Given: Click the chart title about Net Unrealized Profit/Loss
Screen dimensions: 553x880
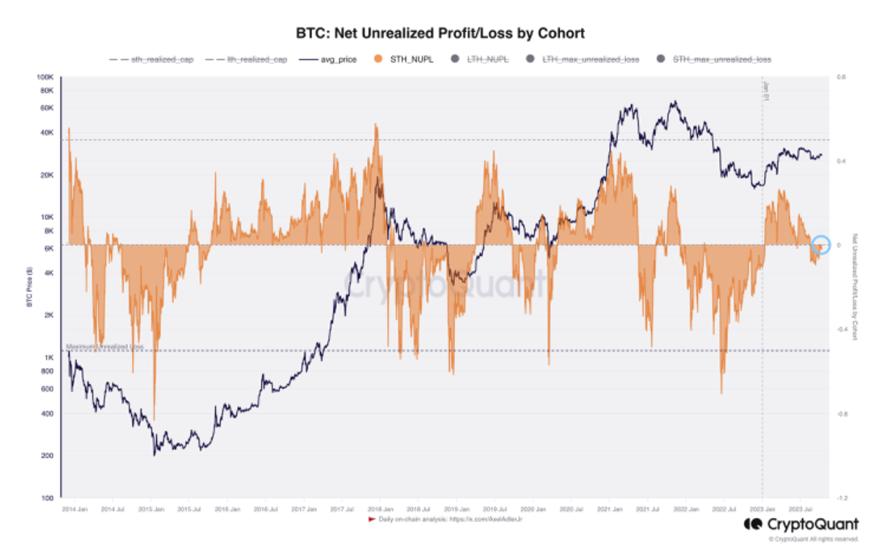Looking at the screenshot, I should pyautogui.click(x=440, y=33).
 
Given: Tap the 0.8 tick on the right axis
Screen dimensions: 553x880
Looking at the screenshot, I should pyautogui.click(x=841, y=77).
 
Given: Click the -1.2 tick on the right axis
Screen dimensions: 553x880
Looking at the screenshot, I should pyautogui.click(x=841, y=497).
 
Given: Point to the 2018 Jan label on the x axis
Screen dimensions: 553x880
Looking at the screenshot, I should pyautogui.click(x=379, y=509).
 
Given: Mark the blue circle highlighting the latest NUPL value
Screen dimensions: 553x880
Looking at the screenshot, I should pyautogui.click(x=821, y=245).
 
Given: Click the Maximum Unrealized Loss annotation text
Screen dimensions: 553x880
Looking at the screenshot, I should pyautogui.click(x=104, y=347).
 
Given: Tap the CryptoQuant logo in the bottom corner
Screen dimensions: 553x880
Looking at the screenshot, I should pyautogui.click(x=800, y=526).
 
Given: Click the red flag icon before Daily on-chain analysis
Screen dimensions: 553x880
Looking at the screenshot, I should pyautogui.click(x=372, y=519).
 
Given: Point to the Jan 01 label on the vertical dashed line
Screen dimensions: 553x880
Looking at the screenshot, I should pyautogui.click(x=766, y=92).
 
